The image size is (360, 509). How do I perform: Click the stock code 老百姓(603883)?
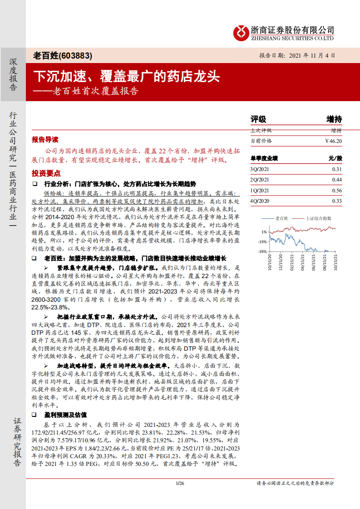point(63,56)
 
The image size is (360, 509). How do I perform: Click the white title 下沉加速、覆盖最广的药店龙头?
point(127,76)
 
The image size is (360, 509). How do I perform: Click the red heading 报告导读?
point(45,139)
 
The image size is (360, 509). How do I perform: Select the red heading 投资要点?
point(46,174)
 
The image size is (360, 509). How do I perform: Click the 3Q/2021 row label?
point(260,169)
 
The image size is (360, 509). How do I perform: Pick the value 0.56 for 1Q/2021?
point(336,191)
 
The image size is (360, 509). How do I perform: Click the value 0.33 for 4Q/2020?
point(336,201)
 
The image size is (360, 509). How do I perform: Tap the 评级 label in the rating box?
point(258,119)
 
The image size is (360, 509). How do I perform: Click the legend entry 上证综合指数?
point(318,218)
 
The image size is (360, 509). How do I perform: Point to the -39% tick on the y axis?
point(262,251)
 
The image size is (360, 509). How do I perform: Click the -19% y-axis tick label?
point(262,241)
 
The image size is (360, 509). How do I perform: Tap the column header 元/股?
point(335,158)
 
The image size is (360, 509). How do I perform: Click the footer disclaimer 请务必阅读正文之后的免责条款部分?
point(295,483)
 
